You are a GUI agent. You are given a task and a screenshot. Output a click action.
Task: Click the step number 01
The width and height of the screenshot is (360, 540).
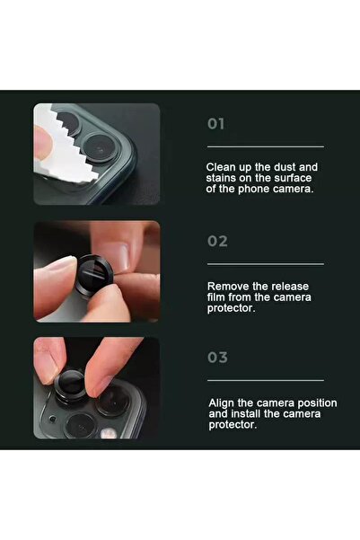click(217, 124)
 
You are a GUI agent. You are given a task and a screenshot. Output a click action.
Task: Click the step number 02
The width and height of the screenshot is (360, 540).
click(217, 241)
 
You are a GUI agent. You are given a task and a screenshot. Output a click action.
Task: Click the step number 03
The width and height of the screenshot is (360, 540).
click(217, 358)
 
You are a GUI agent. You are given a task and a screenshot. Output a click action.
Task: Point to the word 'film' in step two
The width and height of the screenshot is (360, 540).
click(218, 296)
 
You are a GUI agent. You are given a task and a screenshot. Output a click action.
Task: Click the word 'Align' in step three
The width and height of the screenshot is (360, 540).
click(224, 403)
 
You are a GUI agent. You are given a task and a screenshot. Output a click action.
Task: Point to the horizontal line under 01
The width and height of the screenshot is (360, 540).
click(265, 146)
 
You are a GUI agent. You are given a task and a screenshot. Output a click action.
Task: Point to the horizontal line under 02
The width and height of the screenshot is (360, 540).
click(265, 264)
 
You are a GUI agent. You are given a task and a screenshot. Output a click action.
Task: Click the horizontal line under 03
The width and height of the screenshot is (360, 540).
click(265, 380)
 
